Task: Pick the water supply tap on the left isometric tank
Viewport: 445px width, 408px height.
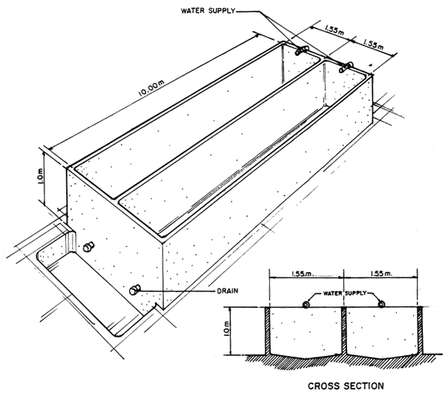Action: [300, 50]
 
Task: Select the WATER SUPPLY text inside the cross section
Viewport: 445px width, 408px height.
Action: [344, 294]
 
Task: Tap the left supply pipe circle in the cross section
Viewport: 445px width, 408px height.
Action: [307, 305]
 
